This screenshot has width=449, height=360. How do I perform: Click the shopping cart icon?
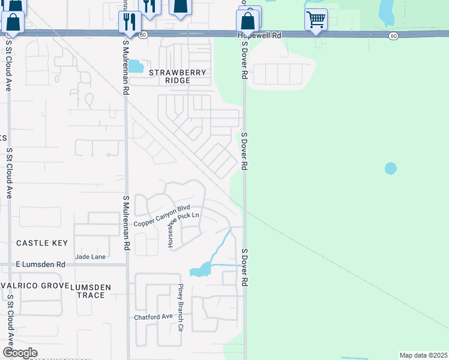(316, 19)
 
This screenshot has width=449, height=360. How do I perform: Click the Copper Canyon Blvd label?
(156, 218)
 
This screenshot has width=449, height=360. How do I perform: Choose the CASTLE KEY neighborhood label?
(41, 243)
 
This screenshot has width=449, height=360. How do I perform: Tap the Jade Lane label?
(90, 257)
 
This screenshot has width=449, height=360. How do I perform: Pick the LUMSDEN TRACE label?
(91, 291)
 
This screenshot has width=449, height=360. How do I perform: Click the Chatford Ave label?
(153, 317)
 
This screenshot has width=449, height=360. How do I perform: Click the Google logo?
(20, 353)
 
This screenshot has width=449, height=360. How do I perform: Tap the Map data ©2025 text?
(423, 355)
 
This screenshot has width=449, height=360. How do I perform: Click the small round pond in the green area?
(391, 169)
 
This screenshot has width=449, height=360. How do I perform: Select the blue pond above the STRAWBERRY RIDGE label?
(136, 66)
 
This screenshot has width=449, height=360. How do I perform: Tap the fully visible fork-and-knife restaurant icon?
(130, 22)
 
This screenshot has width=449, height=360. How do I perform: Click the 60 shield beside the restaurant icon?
(142, 35)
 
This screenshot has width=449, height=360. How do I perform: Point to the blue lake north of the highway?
(387, 11)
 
